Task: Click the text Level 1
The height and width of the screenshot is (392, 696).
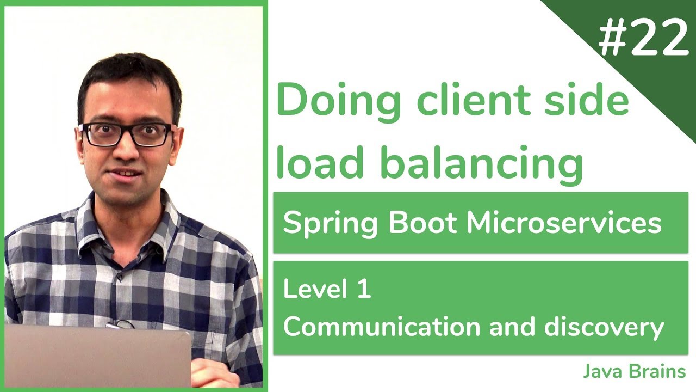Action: tap(327, 289)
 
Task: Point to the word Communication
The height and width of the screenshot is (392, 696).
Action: tap(382, 327)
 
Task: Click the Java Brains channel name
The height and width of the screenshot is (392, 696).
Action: tap(634, 372)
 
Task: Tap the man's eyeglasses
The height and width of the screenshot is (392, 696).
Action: tap(126, 134)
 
